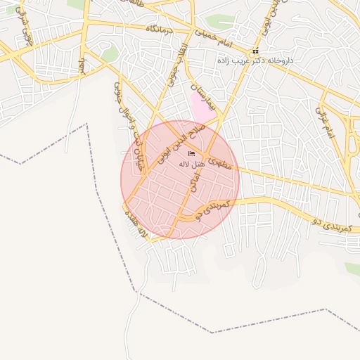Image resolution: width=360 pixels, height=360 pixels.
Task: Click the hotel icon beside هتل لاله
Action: (x=191, y=154)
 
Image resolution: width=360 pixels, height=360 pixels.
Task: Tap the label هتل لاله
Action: (x=191, y=164)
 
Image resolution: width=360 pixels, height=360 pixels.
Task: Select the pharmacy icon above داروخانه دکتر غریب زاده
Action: (x=255, y=51)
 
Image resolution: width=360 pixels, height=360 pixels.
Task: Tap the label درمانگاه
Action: (x=160, y=30)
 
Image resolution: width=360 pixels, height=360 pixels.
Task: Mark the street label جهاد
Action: (x=82, y=67)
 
